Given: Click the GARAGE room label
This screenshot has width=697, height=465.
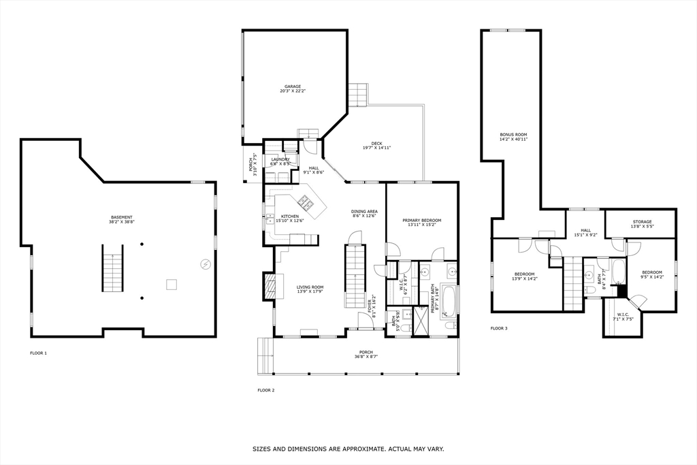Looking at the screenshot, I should pos(293,87).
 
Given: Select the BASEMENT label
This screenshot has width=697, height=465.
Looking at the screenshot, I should pos(123,217).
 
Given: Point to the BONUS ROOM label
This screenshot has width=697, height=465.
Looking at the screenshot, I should pos(513,135).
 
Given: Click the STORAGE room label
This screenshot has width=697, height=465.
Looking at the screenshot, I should pos(642,222).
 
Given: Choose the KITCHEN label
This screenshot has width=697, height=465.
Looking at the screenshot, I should pos(290,217).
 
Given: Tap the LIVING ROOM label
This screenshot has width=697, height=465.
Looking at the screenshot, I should pos(310,287).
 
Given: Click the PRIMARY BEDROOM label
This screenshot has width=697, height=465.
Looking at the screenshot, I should pos(421,221).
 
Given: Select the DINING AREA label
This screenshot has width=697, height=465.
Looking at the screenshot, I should pos(364,212).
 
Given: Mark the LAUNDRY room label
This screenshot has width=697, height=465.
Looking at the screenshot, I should pos(280,160).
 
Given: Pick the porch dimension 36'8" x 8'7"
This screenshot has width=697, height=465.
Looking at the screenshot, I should pos(367,357).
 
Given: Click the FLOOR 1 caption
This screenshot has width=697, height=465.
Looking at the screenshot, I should pos(38,353).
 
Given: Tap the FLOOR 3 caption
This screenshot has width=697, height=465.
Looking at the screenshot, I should pos(499,328).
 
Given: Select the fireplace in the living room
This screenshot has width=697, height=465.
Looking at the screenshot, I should pos(270,287).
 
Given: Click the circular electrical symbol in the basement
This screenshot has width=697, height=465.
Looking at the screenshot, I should pos(204,264).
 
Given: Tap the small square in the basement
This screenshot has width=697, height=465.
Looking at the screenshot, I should pos(172,285).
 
